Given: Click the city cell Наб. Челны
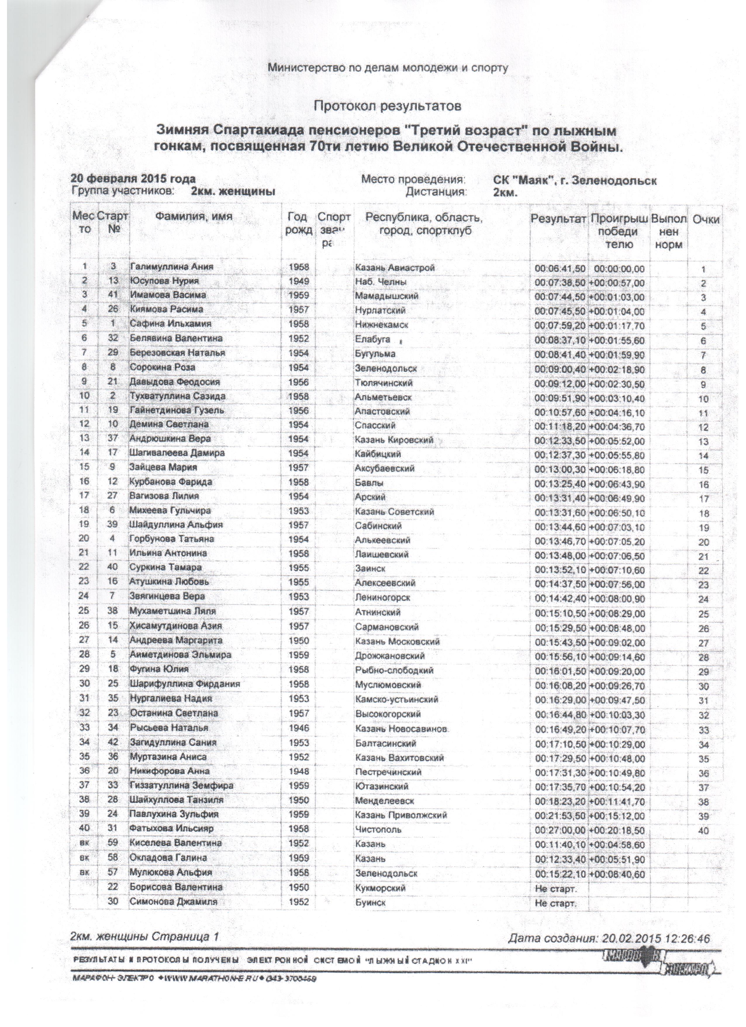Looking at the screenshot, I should click(x=381, y=282).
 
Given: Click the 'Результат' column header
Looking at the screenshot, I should click(x=558, y=219).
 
